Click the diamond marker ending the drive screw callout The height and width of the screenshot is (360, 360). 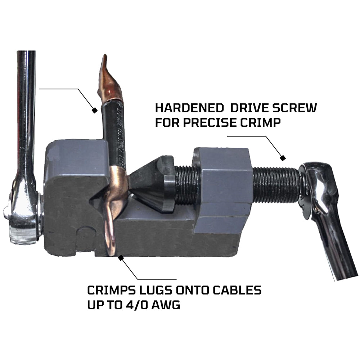[283, 158]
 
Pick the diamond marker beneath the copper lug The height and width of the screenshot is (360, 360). [121, 258]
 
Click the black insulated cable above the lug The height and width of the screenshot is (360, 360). [114, 133]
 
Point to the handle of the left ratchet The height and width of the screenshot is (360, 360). [26, 108]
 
